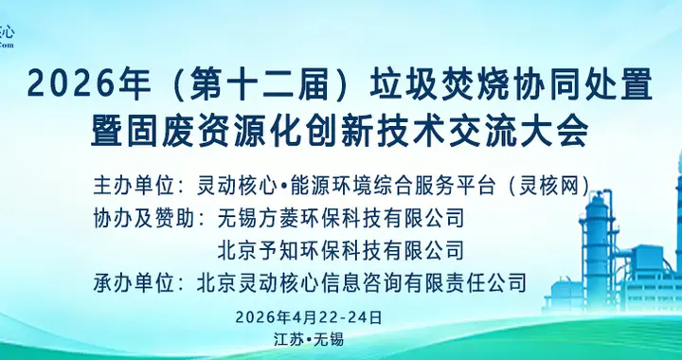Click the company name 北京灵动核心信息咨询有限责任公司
pyautogui.click(x=361, y=281)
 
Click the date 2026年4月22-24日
pyautogui.click(x=308, y=316)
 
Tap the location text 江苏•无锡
pyautogui.click(x=307, y=338)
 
